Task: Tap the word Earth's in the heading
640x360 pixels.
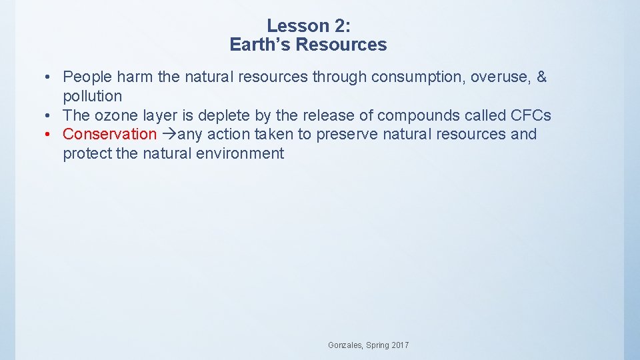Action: (260, 45)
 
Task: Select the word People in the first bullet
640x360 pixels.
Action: (87, 77)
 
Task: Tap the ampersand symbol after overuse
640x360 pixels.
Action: (541, 77)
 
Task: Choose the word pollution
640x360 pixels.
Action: (92, 96)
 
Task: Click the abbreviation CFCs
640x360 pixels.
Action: (531, 115)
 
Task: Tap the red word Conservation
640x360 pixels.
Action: (109, 134)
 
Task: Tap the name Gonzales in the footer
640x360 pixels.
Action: (345, 345)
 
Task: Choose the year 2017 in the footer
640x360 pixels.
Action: (399, 345)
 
